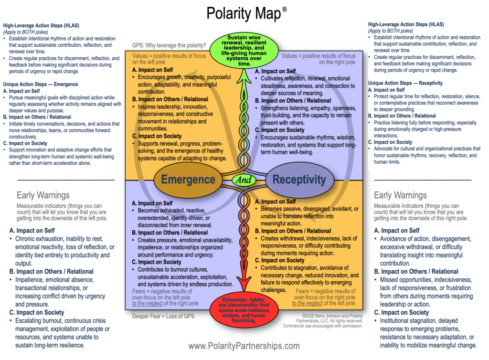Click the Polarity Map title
pos(244,13)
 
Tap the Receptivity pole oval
pos(299,180)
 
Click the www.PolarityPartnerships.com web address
pos(244,346)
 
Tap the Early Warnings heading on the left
pos(43,195)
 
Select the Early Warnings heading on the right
pos(400,195)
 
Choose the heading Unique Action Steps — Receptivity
pos(405,83)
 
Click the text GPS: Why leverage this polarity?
pos(169,46)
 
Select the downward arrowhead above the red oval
pos(244,288)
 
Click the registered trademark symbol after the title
pos(285,9)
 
